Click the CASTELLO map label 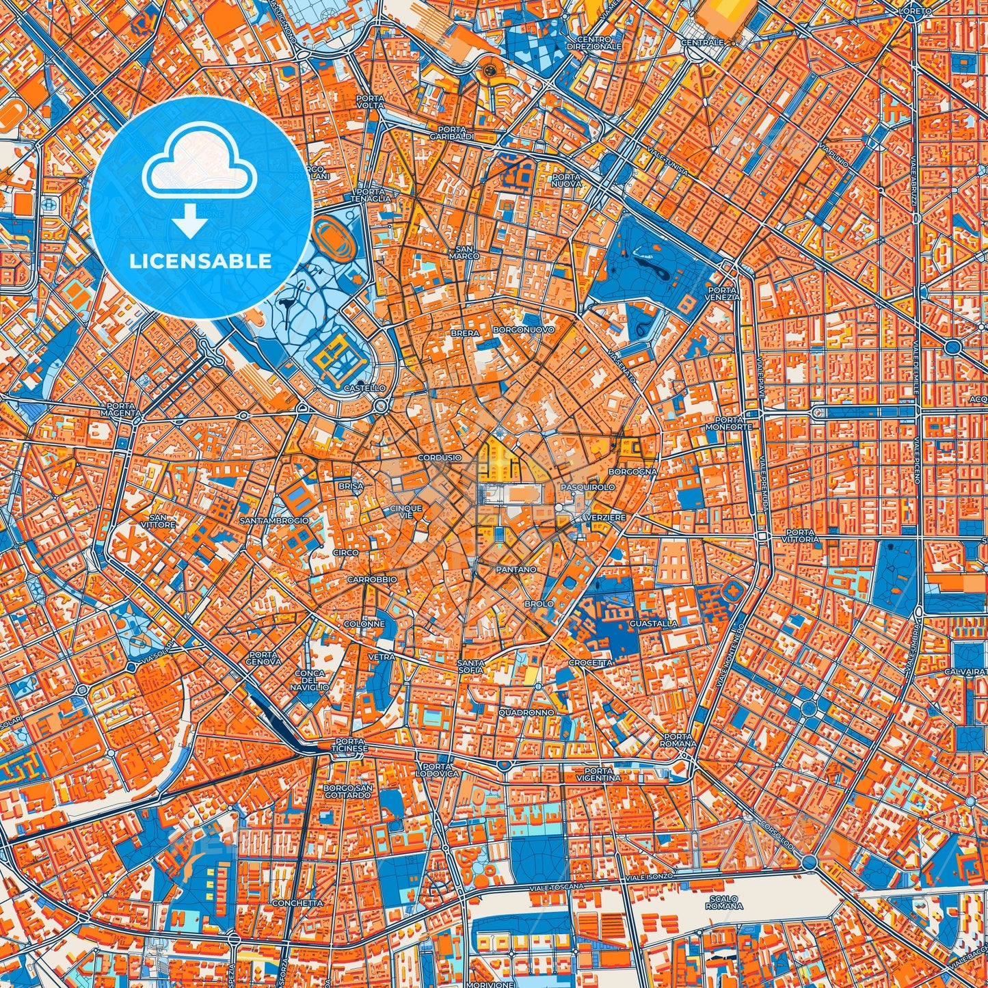[x=364, y=388]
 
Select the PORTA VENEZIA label [x=723, y=294]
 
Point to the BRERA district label [x=465, y=334]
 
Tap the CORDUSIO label [x=440, y=457]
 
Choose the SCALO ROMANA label [x=724, y=902]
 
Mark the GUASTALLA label [x=654, y=624]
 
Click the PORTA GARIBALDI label [x=453, y=133]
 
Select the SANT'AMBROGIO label [x=274, y=520]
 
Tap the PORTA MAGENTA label [x=120, y=410]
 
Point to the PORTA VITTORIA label [x=801, y=535]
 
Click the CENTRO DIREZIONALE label [x=593, y=43]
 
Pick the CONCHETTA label [x=297, y=903]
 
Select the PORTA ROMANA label [x=678, y=740]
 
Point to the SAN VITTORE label [x=162, y=521]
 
